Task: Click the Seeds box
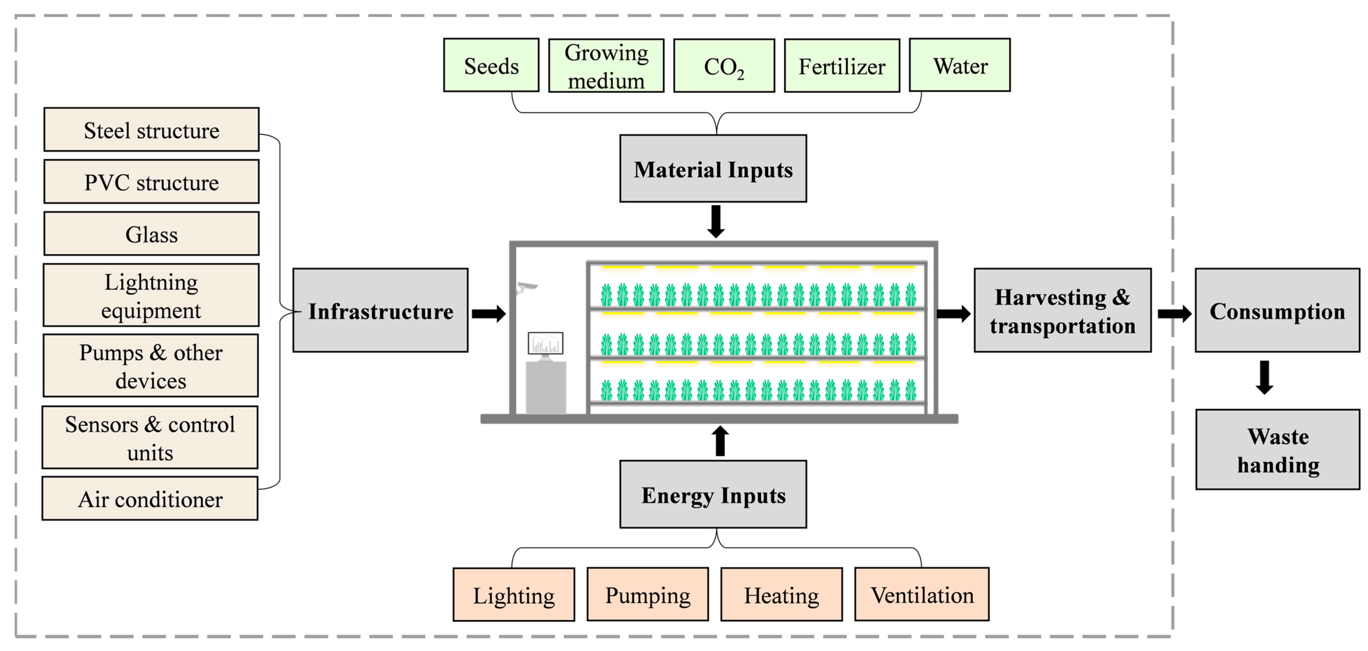point(491,65)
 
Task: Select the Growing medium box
point(606,66)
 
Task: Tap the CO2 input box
point(724,66)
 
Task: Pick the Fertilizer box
point(842,66)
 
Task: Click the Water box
point(959,65)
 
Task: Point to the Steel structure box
point(151,130)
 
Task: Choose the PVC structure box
point(151,181)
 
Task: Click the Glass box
point(151,234)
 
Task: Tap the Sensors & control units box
point(150,438)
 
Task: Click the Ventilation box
point(922,594)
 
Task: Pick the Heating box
point(781,594)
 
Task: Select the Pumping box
point(647,594)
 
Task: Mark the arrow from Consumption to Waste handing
point(1265,377)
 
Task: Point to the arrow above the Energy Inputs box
point(720,441)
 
